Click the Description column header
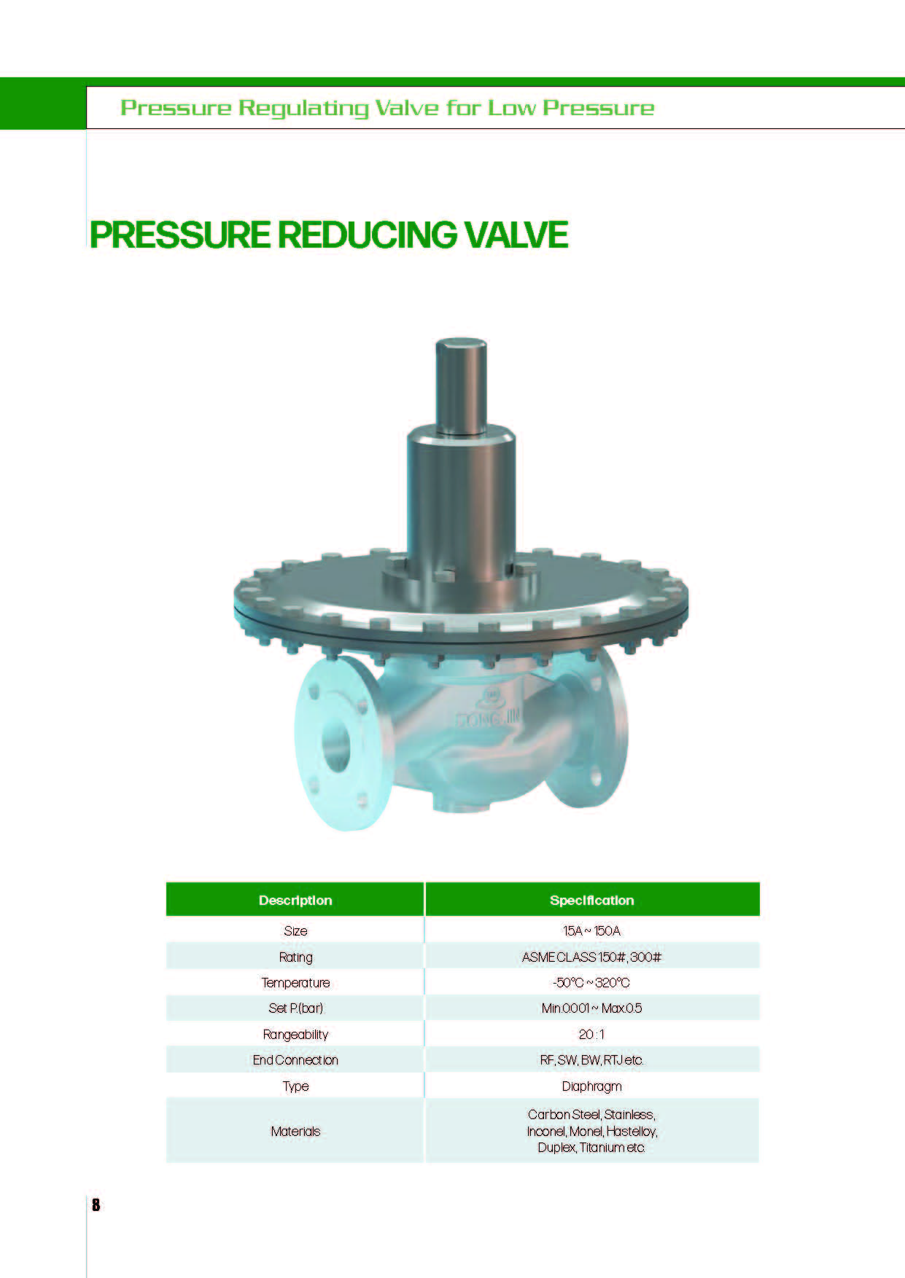(295, 901)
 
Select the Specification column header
(591, 901)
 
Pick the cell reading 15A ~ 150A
(591, 931)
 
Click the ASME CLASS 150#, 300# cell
(591, 957)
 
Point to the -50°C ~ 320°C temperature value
(591, 983)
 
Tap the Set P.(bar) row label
(295, 1008)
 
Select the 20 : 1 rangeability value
(591, 1035)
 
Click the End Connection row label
(295, 1060)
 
